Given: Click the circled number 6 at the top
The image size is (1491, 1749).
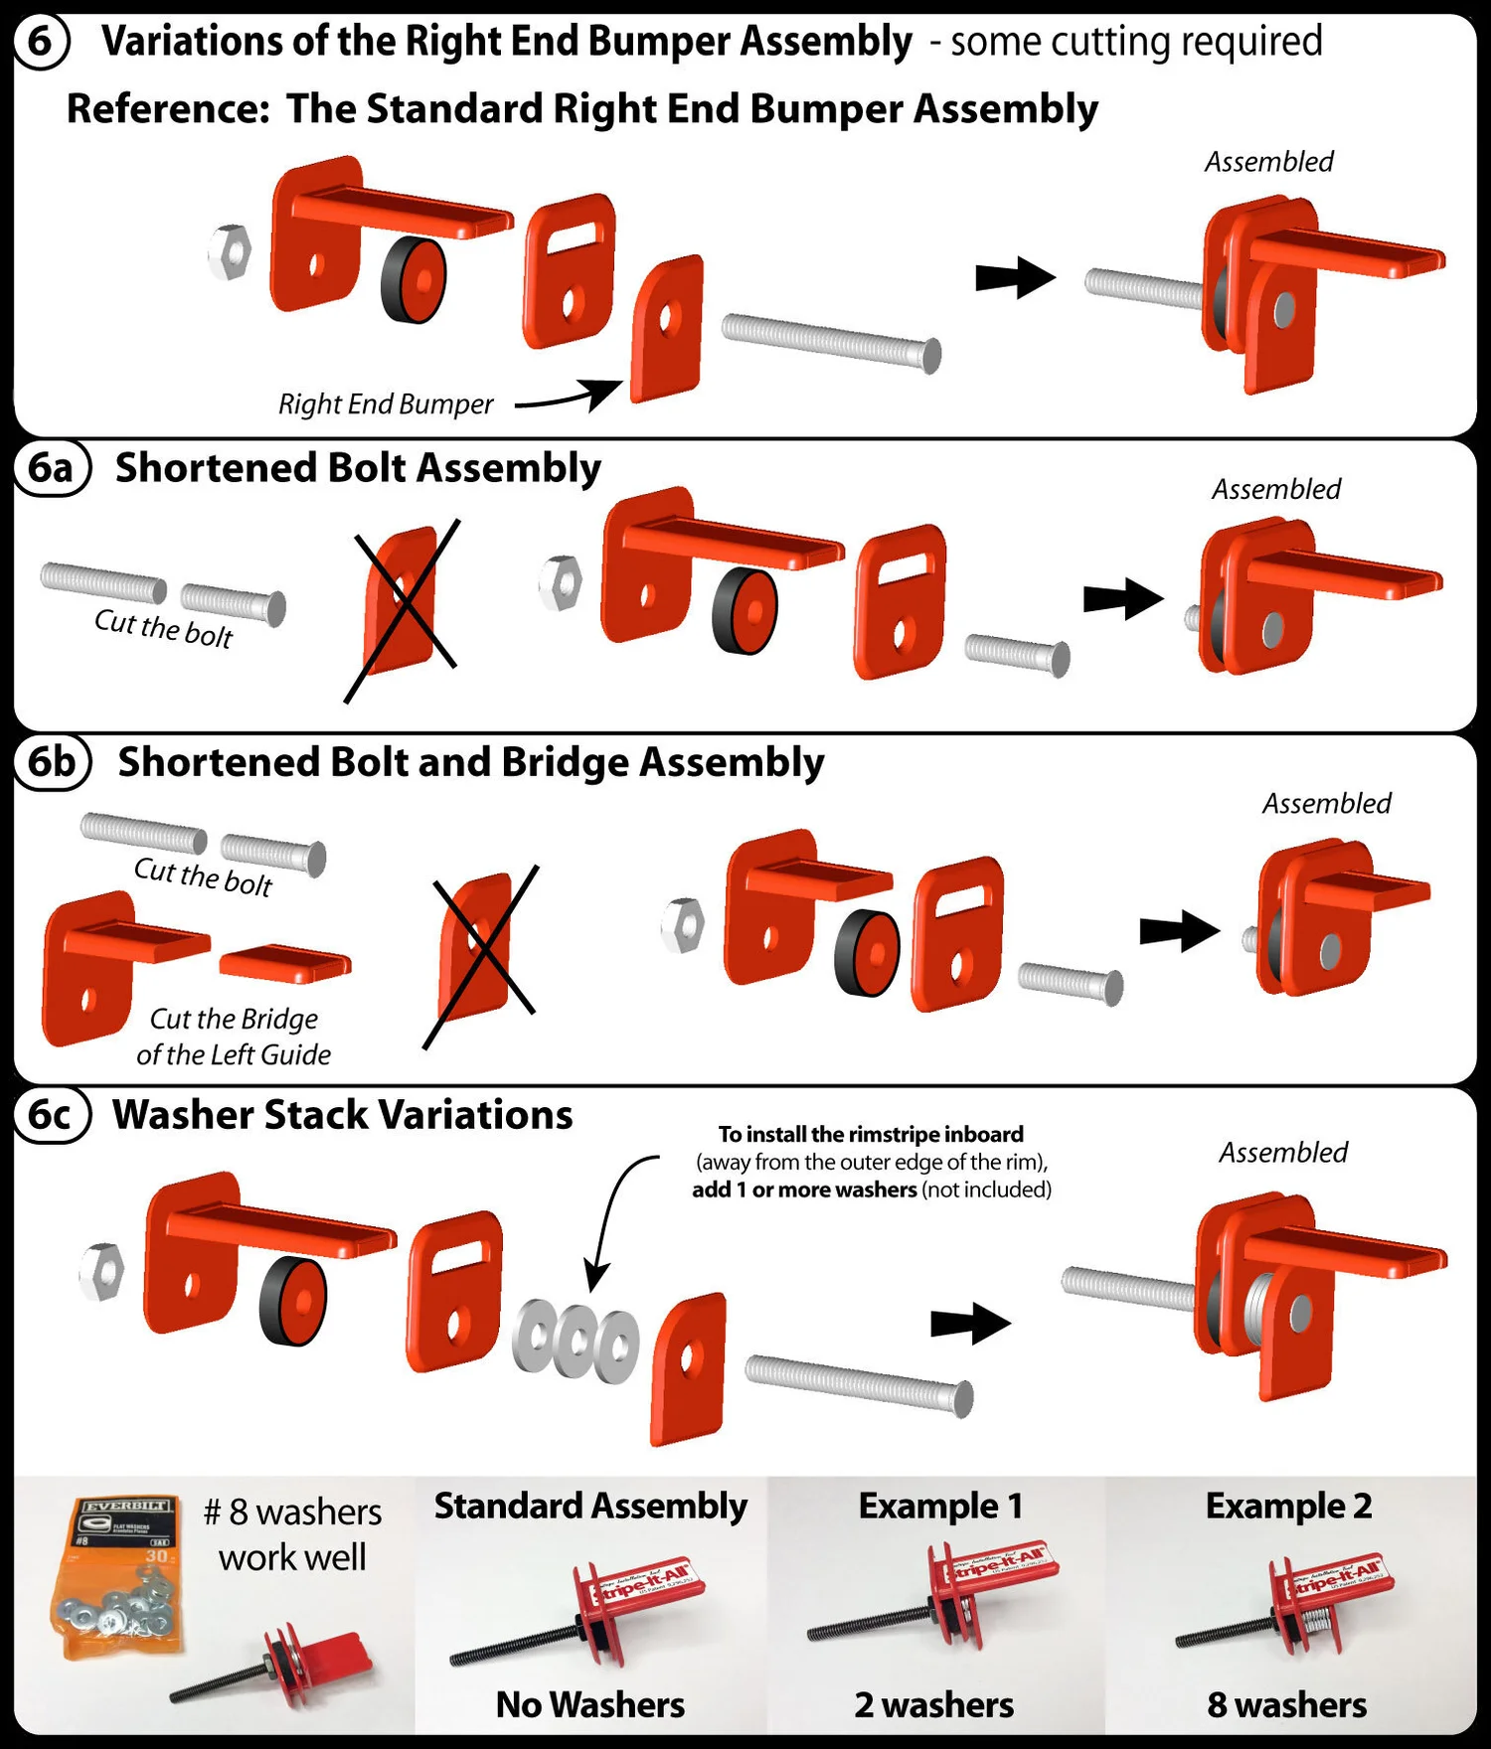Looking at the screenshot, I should point(40,42).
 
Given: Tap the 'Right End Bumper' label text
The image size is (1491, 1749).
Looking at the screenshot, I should point(386,404).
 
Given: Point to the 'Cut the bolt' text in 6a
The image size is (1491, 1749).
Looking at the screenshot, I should point(163,628).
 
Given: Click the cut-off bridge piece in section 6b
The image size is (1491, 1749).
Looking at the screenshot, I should point(285,962).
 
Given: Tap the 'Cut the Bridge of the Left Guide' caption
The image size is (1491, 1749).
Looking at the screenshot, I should point(234,1036).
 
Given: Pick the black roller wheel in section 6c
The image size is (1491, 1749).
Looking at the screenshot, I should point(293,1301).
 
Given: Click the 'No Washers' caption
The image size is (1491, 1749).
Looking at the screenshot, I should point(590,1705).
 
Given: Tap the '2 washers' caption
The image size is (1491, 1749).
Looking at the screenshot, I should point(934,1705).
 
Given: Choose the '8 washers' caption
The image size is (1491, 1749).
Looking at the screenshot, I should point(1287,1705).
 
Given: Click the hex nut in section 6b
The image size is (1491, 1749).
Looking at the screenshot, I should point(684,924).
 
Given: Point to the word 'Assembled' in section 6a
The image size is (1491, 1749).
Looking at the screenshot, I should point(1276,489).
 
